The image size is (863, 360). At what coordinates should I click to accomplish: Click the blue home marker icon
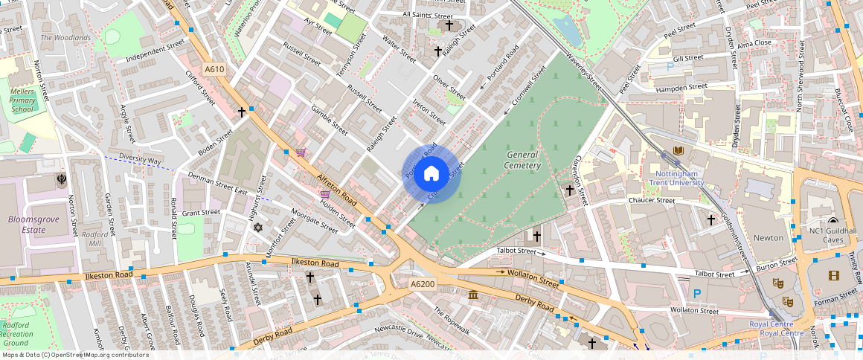tap(431, 174)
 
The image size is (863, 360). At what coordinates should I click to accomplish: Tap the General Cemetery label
tap(522, 160)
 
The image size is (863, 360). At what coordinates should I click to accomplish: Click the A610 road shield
tap(214, 70)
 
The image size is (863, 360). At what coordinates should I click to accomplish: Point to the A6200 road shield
tap(422, 284)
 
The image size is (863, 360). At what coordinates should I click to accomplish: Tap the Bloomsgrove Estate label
tap(28, 225)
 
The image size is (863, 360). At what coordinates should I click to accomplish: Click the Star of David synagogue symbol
tap(258, 227)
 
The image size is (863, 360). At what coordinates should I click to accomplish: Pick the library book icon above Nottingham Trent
tap(678, 151)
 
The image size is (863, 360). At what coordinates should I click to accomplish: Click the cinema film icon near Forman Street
tap(832, 276)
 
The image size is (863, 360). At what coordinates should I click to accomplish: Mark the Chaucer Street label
tap(651, 200)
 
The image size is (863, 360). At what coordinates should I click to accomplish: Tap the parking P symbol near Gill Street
tap(670, 67)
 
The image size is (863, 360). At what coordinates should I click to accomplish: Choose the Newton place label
tap(769, 238)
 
